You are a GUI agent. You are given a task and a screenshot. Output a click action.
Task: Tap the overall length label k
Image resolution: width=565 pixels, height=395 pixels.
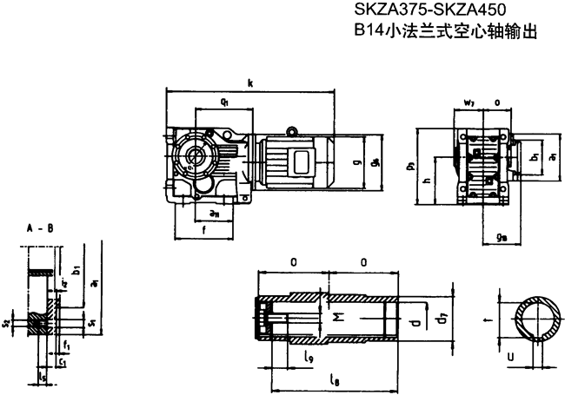coord(250,84)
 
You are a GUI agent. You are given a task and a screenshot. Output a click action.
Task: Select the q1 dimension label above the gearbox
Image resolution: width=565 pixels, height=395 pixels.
coord(224,102)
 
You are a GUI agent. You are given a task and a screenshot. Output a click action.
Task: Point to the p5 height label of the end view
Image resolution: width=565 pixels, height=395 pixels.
coord(409,165)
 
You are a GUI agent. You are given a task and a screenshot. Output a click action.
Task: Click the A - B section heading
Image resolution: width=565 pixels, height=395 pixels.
coord(39,230)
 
